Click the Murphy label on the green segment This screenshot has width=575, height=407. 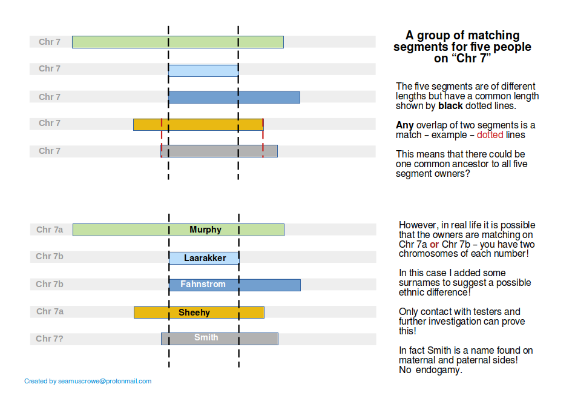205,230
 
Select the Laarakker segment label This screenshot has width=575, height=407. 205,258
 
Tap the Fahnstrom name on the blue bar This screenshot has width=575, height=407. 203,284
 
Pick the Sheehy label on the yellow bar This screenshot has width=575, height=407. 194,313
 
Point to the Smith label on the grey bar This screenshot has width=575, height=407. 206,337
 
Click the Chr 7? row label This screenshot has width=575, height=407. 50,339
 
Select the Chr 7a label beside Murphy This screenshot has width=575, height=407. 50,230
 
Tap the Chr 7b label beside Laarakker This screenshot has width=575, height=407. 50,256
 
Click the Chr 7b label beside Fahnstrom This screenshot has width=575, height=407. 50,284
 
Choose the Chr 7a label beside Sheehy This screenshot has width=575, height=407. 50,311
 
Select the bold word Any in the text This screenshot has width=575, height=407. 404,125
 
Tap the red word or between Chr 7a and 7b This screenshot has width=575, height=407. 434,244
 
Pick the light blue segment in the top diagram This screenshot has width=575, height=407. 203,70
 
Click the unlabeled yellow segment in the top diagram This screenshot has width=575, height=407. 198,125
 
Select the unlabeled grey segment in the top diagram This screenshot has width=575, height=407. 218,151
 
